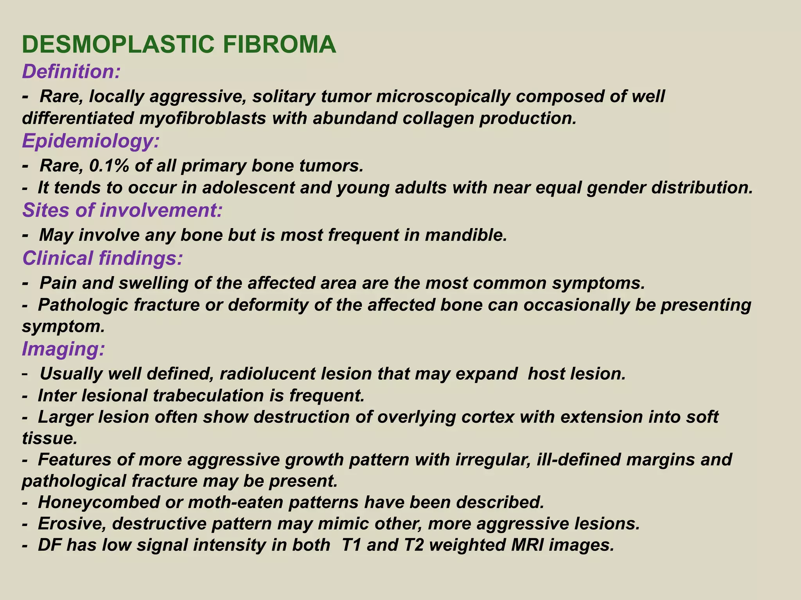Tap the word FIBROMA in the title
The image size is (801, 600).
pyautogui.click(x=279, y=45)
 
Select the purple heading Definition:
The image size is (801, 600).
pyautogui.click(x=71, y=72)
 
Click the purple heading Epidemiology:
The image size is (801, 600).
pyautogui.click(x=91, y=141)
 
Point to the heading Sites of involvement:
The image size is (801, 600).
pyautogui.click(x=122, y=210)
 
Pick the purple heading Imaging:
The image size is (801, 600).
pyautogui.click(x=63, y=348)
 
